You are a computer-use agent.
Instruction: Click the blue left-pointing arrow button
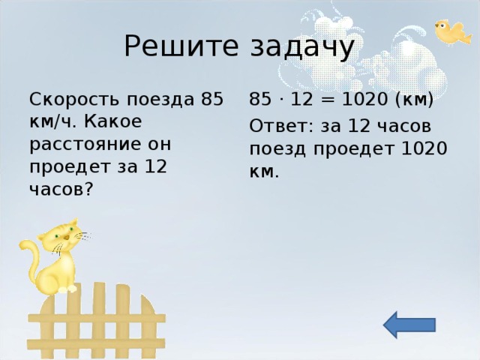point(409,324)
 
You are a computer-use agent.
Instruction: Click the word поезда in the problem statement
point(160,100)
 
